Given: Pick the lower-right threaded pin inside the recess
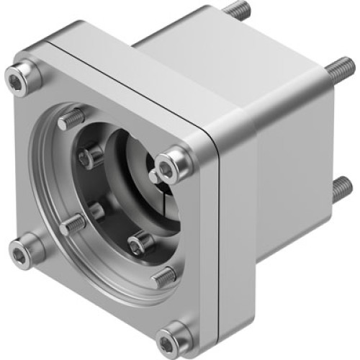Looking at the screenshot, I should (x=163, y=275).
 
